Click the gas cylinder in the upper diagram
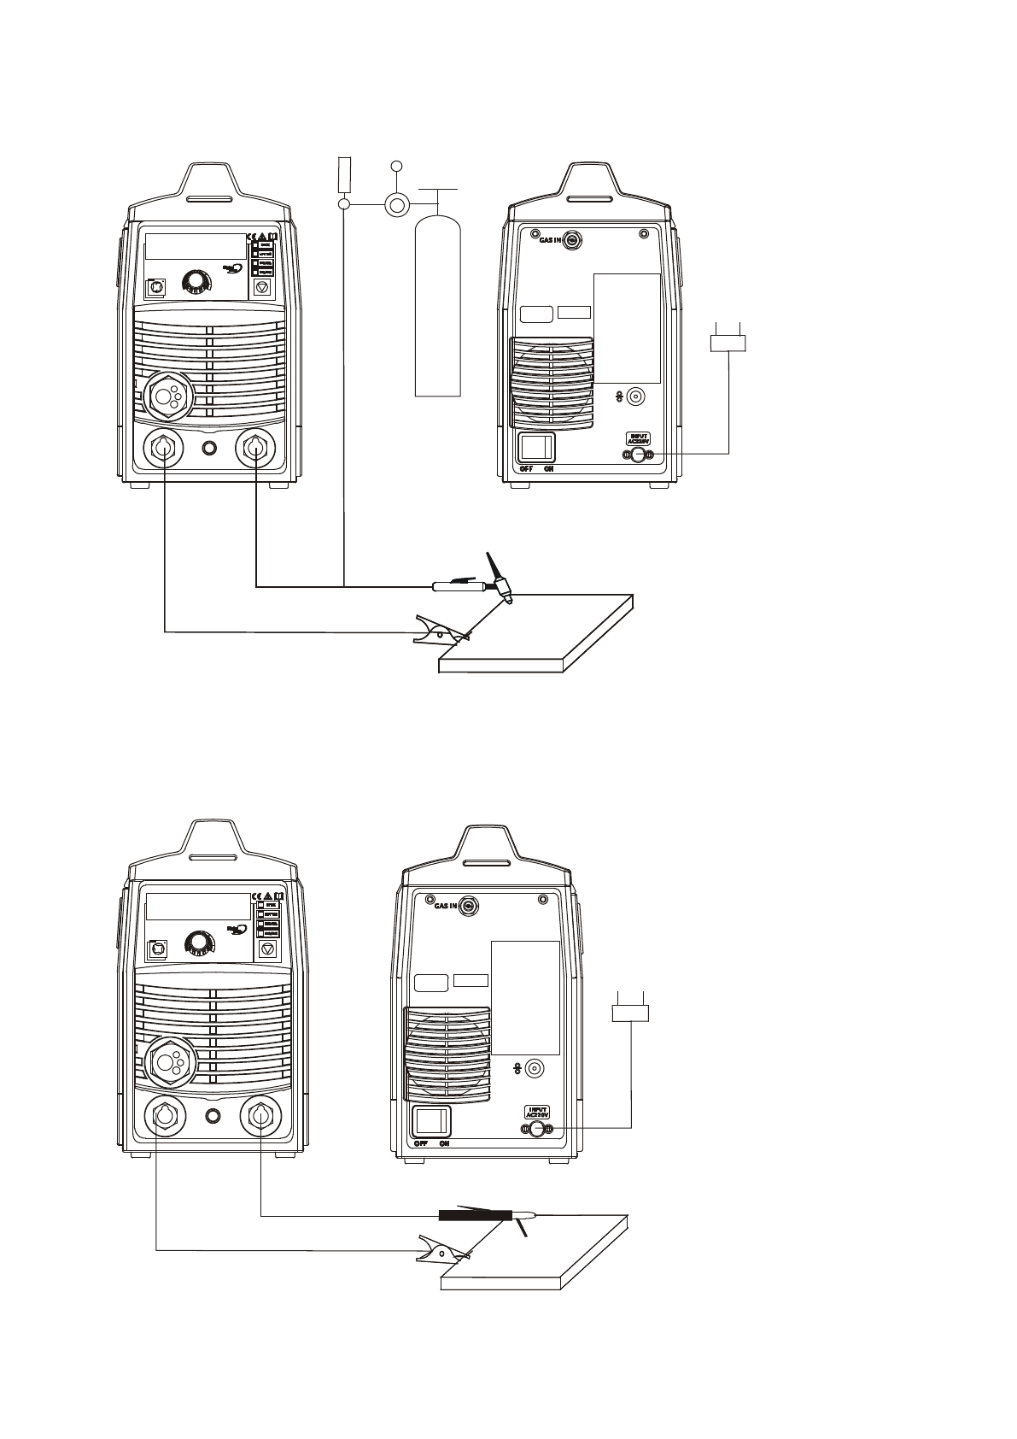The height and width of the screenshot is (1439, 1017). (x=437, y=308)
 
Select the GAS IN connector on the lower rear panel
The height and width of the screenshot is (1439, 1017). (x=469, y=907)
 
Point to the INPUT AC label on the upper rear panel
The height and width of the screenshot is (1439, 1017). (x=638, y=438)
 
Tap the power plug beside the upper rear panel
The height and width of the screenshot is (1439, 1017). (x=729, y=343)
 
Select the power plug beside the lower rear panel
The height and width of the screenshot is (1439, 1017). (x=631, y=1013)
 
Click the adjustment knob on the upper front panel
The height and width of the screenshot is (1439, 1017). (x=197, y=281)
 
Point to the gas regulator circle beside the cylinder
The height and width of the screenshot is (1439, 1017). (x=396, y=204)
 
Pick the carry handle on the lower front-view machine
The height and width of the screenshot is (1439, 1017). (x=213, y=857)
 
